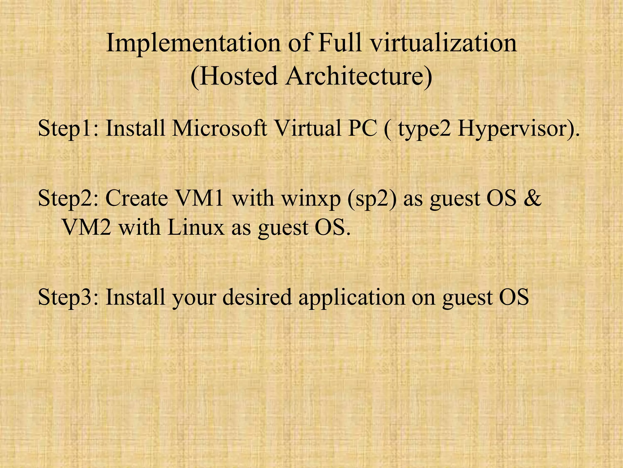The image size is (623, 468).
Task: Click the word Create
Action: (x=137, y=198)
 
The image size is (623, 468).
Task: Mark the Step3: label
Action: (x=68, y=297)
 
